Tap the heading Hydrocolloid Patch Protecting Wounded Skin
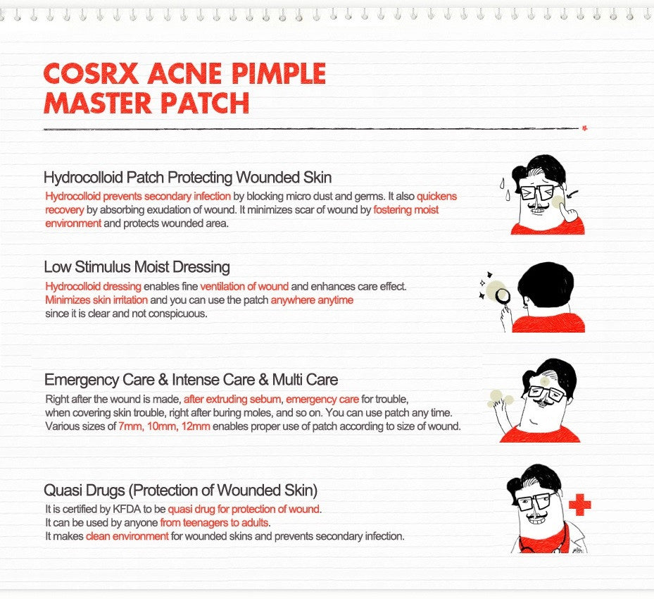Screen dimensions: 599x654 coord(187,177)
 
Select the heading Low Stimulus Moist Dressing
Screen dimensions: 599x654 coord(137,267)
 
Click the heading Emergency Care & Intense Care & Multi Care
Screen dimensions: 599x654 coord(191,380)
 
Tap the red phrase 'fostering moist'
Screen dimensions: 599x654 coord(405,210)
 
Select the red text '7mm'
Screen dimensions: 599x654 coord(129,426)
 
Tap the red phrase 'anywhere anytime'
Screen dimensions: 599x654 coord(312,300)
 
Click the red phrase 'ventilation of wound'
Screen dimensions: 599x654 coord(244,287)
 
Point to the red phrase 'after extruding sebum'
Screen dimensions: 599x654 coord(233,399)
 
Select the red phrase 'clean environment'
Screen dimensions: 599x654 coord(127,536)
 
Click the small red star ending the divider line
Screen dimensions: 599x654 coord(584,128)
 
